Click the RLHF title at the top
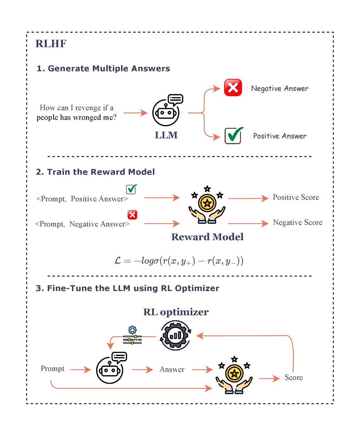tap(51, 44)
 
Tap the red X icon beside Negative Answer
tap(233, 88)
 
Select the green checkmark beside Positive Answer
tap(233, 136)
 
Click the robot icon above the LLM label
tap(166, 111)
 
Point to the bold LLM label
tap(166, 136)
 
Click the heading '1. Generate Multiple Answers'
tap(103, 68)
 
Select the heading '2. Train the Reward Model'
tap(95, 172)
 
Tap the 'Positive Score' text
tap(296, 197)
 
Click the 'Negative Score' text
tap(297, 222)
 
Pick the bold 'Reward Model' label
tap(207, 237)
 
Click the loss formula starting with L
tap(179, 261)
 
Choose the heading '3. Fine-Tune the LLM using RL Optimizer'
tap(128, 289)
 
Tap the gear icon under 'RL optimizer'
tap(176, 335)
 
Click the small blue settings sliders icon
tap(132, 335)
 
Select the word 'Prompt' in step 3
tap(53, 369)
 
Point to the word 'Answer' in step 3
tap(172, 370)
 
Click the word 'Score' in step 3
tap(293, 378)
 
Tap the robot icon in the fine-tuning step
tap(110, 368)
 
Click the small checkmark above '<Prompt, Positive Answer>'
tap(130, 189)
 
